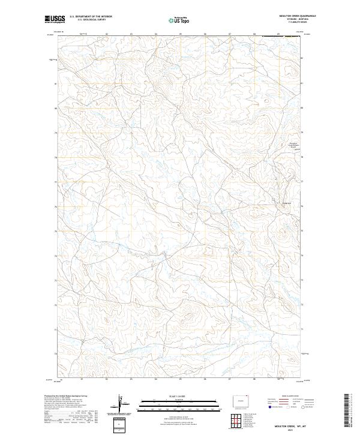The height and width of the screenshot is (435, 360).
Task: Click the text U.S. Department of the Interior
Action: click(x=91, y=17)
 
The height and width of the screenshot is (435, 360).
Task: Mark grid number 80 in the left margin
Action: click(x=56, y=109)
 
